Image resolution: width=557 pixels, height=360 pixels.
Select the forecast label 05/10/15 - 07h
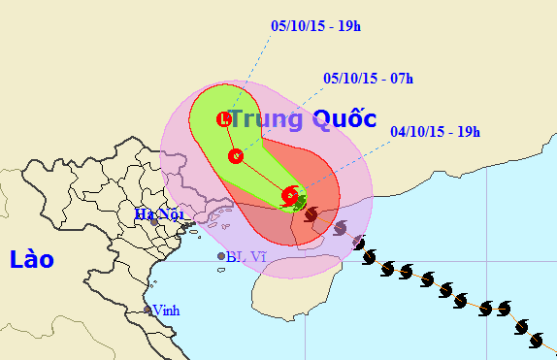point(368,78)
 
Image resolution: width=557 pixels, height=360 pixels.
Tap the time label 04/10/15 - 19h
point(436,132)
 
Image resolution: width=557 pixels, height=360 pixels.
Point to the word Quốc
point(344,119)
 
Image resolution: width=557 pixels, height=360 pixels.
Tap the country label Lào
point(31,259)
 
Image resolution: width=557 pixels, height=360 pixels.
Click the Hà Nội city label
point(153,213)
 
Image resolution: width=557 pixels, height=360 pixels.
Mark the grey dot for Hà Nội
point(153,223)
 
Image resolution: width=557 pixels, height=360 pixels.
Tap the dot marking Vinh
point(147,311)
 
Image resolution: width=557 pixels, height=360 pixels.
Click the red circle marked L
point(224,120)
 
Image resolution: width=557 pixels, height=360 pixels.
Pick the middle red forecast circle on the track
point(234,155)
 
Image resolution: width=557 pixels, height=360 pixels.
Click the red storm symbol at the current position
point(290,196)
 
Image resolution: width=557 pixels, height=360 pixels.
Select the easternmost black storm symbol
point(538,340)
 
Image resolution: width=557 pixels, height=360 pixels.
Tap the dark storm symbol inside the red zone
point(311,213)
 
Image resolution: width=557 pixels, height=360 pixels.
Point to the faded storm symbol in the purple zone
point(340,228)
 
